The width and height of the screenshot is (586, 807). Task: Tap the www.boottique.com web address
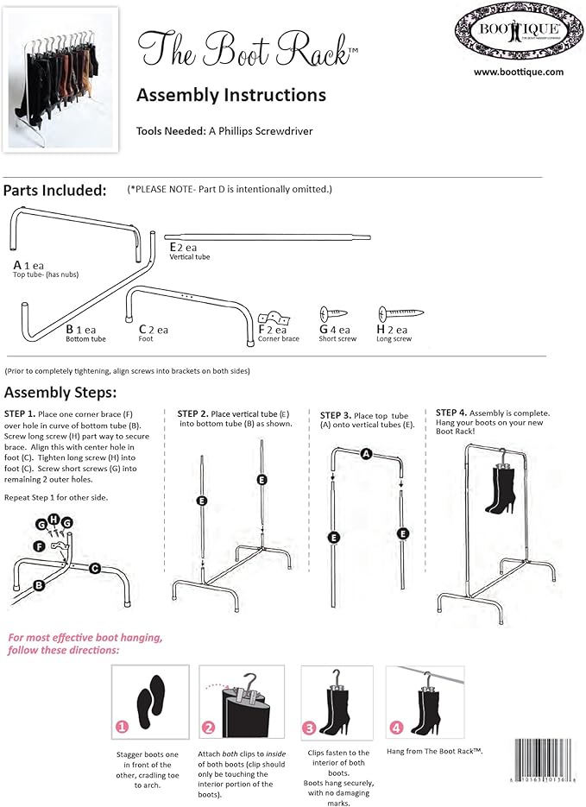point(518,73)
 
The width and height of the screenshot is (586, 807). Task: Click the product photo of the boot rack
point(61,79)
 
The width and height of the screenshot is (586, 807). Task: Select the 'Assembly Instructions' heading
point(230,94)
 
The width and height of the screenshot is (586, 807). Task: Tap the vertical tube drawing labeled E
point(267,236)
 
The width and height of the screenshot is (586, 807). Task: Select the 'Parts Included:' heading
point(55,191)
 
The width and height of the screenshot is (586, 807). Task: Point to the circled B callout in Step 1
point(40,584)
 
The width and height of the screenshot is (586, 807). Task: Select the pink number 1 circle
point(123,728)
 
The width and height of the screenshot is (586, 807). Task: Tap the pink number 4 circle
point(396,727)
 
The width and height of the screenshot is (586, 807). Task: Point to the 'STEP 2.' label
point(195,413)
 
